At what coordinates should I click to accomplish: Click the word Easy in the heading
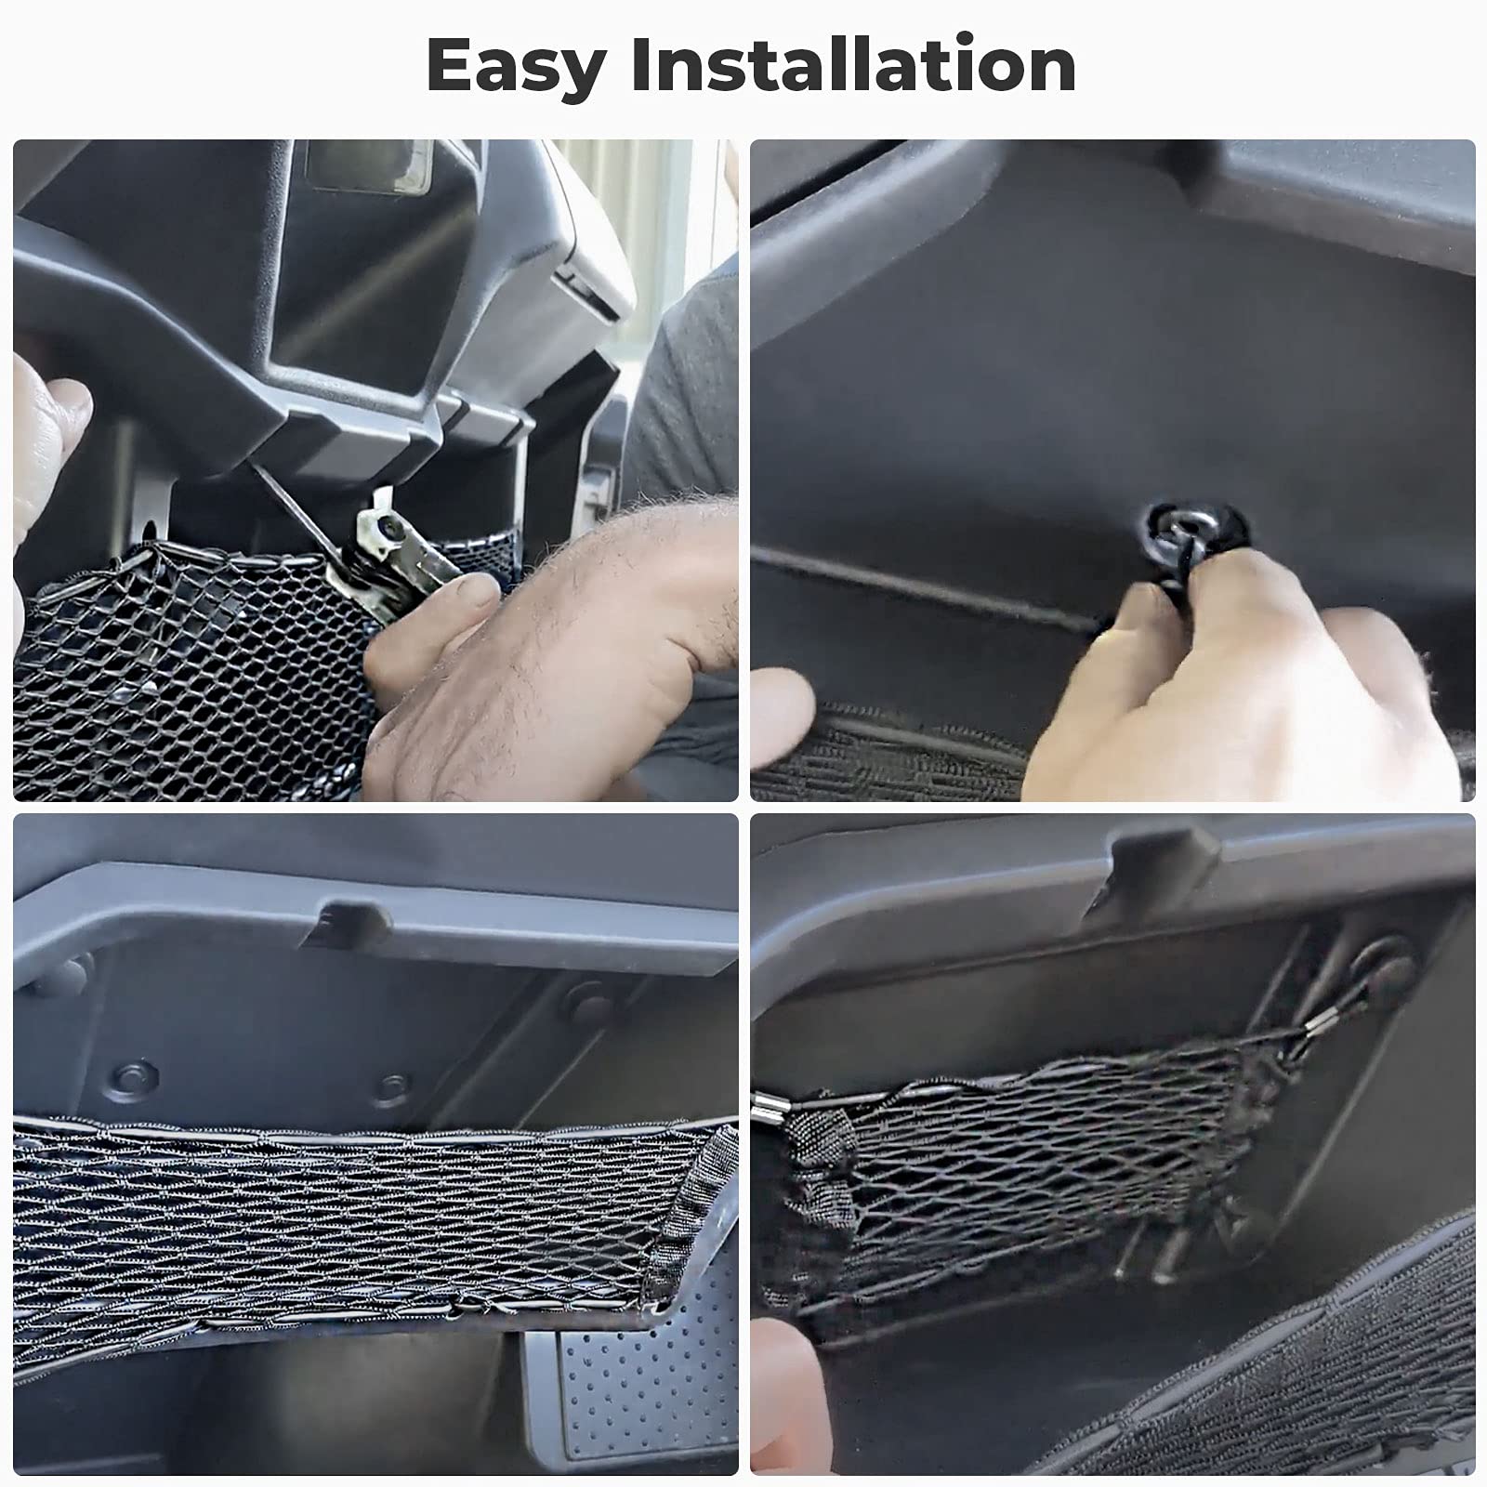tap(516, 67)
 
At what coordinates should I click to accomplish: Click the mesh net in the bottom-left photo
tap(325, 1208)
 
